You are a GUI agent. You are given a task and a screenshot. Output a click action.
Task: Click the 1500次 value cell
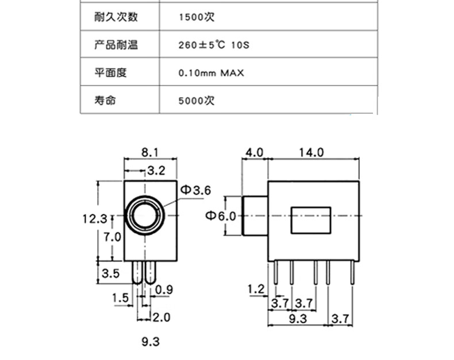pyautogui.click(x=197, y=17)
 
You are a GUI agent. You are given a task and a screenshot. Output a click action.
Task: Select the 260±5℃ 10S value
pyautogui.click(x=214, y=45)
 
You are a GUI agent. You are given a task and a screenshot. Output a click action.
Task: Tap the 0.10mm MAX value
pyautogui.click(x=211, y=73)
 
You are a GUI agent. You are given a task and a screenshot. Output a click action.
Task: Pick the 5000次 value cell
pyautogui.click(x=197, y=101)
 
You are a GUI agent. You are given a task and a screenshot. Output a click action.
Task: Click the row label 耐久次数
pyautogui.click(x=116, y=17)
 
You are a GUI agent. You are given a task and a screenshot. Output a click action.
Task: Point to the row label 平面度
pyautogui.click(x=110, y=72)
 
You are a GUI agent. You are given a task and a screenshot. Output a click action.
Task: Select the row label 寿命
pyautogui.click(x=105, y=100)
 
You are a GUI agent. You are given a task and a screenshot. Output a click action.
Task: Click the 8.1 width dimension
pyautogui.click(x=149, y=152)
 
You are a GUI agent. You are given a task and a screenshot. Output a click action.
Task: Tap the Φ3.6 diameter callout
pyautogui.click(x=196, y=190)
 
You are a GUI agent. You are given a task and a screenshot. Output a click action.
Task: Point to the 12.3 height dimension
pyautogui.click(x=95, y=219)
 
